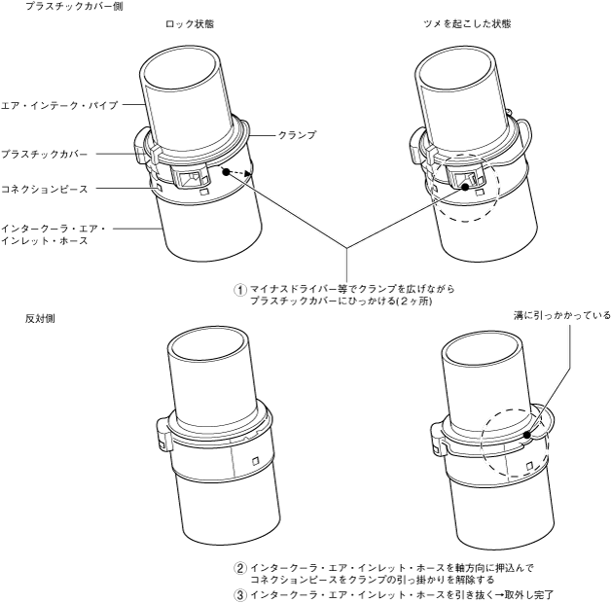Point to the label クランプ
click(x=296, y=135)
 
